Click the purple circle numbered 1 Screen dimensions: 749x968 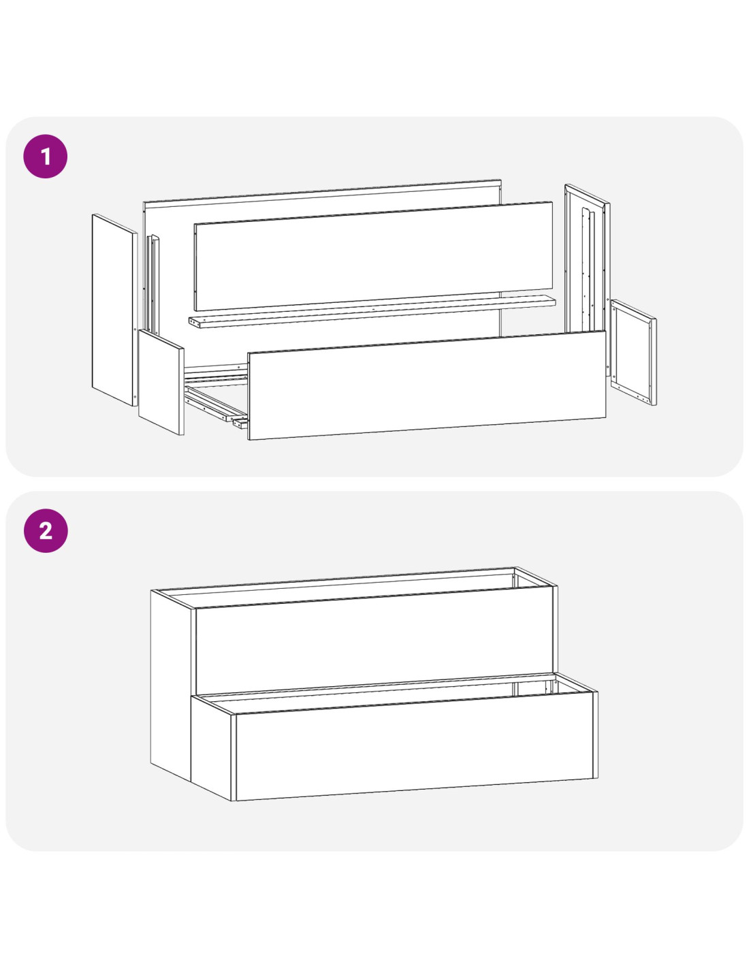coord(46,157)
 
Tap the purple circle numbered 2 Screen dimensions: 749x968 coord(46,530)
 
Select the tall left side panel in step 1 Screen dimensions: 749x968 coord(114,310)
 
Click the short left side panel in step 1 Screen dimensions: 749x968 coord(161,382)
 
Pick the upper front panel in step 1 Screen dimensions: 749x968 coord(373,256)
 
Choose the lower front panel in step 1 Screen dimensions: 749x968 coord(427,385)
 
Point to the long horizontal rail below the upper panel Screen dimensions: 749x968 coord(372,311)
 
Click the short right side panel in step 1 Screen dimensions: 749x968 coord(633,353)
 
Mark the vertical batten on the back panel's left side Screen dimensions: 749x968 coord(154,285)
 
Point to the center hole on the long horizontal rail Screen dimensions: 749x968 coord(373,308)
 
